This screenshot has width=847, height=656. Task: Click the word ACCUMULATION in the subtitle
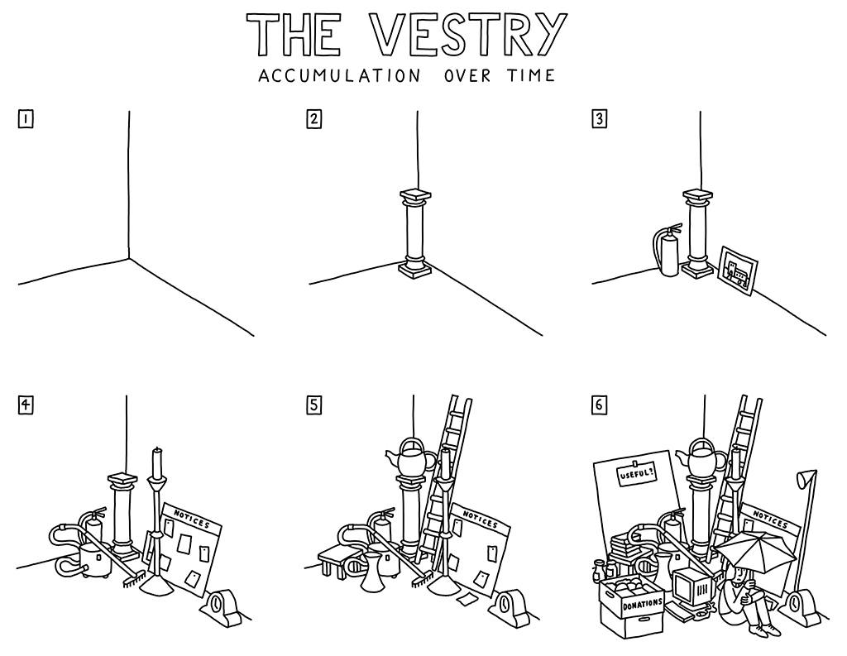pos(338,76)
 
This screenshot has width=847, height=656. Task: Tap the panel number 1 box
pos(26,119)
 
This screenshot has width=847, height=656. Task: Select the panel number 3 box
pos(600,119)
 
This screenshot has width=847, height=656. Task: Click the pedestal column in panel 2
pos(415,233)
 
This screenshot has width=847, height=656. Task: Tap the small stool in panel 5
pos(333,558)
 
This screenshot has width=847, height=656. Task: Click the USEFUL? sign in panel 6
pos(636,477)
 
